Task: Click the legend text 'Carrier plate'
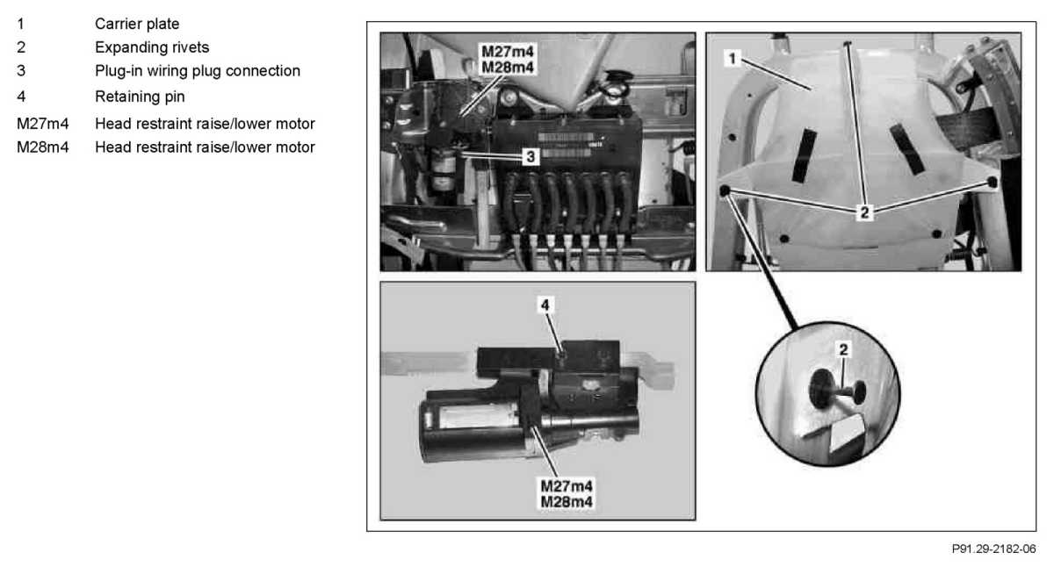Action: coord(137,24)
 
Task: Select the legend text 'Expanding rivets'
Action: coord(152,47)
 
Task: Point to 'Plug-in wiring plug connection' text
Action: coord(198,71)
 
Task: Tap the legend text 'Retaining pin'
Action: coord(140,97)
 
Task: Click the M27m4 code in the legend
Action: coord(43,124)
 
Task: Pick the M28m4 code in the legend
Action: coord(43,147)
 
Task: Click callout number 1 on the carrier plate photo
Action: coord(733,59)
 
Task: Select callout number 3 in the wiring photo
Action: coord(531,156)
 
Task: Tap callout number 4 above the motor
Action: coord(545,305)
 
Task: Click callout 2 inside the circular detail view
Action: coord(843,350)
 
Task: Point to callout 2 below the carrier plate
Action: coord(864,213)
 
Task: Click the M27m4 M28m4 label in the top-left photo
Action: coord(508,60)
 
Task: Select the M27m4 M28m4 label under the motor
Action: coord(567,494)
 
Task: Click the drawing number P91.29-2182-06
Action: coord(993,549)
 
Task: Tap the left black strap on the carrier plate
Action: coord(805,155)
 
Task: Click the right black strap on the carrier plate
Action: coord(907,149)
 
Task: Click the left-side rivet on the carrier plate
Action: coord(725,190)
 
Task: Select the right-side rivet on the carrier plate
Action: coord(992,182)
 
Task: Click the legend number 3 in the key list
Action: coord(21,71)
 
